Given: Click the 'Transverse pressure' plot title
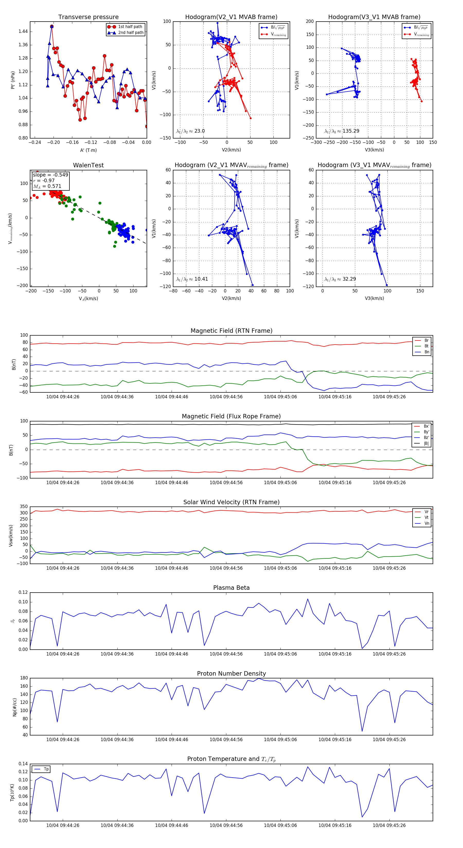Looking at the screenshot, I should pyautogui.click(x=88, y=17).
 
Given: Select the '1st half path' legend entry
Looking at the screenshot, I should pyautogui.click(x=130, y=27).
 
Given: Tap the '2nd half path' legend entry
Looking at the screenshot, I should pyautogui.click(x=130, y=33).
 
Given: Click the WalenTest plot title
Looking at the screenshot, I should pyautogui.click(x=88, y=165).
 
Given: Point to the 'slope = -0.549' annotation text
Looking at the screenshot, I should pyautogui.click(x=50, y=175).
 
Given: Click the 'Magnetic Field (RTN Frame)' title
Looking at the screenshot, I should pyautogui.click(x=231, y=331).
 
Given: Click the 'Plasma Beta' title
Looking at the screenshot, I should pyautogui.click(x=231, y=588).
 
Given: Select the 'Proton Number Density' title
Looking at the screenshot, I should pyautogui.click(x=231, y=674).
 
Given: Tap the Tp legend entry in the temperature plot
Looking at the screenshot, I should pyautogui.click(x=46, y=769).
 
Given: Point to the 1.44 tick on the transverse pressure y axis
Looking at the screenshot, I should pyautogui.click(x=23, y=32).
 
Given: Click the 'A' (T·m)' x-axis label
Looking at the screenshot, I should pyautogui.click(x=88, y=150).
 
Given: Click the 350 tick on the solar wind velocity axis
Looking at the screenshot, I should pyautogui.click(x=24, y=507).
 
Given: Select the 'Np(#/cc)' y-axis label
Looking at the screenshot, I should pyautogui.click(x=14, y=707).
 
